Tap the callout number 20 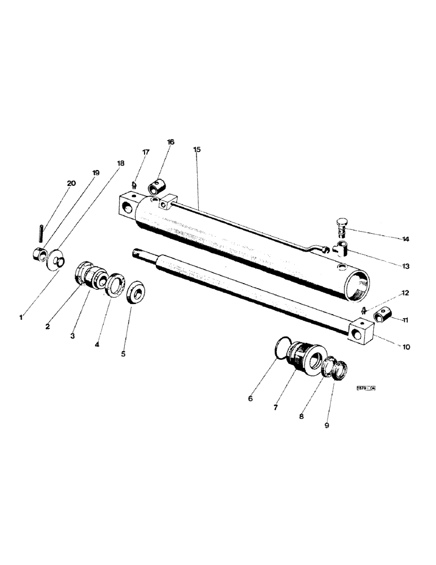point(71,183)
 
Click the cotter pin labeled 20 point(41,231)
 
